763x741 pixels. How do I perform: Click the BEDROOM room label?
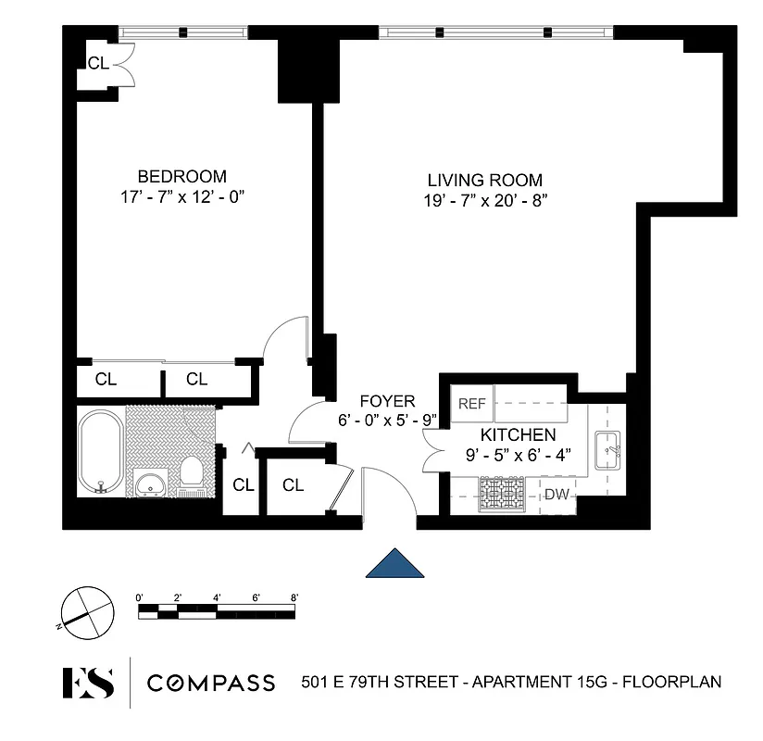tap(181, 176)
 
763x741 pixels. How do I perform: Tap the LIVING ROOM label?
tap(484, 180)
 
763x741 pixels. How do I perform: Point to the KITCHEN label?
tap(518, 434)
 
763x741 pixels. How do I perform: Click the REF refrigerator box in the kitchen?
tap(472, 404)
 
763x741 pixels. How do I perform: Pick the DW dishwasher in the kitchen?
tap(557, 495)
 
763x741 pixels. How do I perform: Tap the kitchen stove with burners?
tap(502, 493)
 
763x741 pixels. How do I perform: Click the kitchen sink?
tap(608, 449)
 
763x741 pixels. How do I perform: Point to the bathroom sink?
tap(150, 483)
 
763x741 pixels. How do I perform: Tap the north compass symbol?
tap(85, 609)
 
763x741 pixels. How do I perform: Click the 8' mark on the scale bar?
tap(294, 597)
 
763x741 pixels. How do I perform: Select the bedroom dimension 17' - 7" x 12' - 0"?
tap(181, 196)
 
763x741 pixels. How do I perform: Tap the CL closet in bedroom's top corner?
tap(98, 63)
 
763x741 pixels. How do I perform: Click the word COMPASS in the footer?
tap(212, 683)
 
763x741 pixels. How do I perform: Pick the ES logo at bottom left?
tap(88, 682)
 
